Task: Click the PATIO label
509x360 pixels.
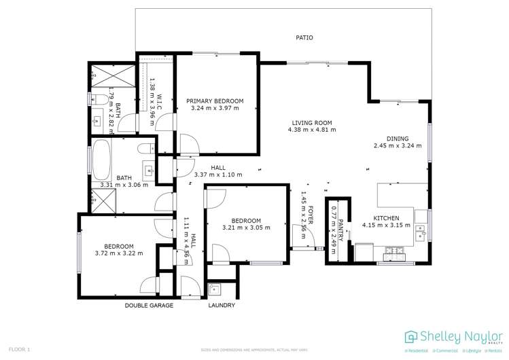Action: click(x=304, y=38)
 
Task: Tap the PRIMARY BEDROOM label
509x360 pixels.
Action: click(x=215, y=101)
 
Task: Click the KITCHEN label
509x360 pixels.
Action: click(x=386, y=217)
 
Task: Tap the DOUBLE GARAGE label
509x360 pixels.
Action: click(x=149, y=306)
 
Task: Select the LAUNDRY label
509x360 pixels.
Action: click(x=222, y=306)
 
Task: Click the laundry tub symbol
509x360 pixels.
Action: click(x=215, y=289)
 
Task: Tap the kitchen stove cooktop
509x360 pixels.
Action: click(x=394, y=254)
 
